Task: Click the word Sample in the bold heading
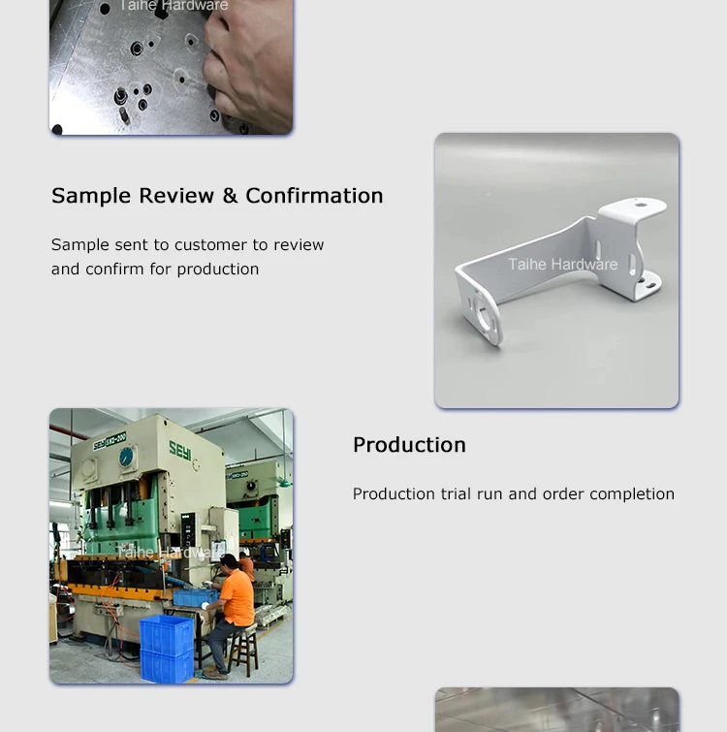[x=91, y=197]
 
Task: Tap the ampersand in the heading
[x=229, y=196]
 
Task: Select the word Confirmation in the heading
[x=314, y=196]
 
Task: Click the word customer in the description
[x=210, y=245]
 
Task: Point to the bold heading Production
[x=409, y=445]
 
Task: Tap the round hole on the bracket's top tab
[x=640, y=206]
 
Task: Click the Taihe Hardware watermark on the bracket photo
[x=562, y=264]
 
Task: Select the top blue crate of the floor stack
[x=167, y=633]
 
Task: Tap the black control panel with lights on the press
[x=190, y=529]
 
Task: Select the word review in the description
[x=299, y=245]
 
